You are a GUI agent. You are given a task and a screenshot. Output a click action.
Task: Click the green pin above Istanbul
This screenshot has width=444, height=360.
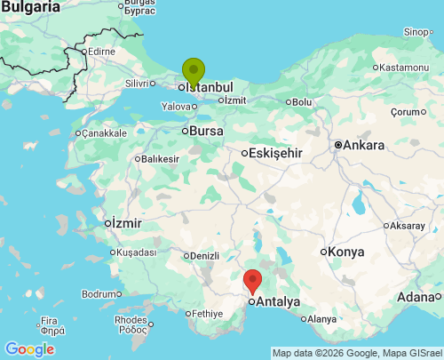click(194, 71)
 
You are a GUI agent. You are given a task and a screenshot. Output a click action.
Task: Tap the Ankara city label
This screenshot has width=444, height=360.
click(364, 145)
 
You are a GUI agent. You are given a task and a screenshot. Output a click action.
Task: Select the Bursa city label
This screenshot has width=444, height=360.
click(205, 131)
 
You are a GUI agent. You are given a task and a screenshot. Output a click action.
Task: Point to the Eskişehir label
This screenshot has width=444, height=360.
click(276, 153)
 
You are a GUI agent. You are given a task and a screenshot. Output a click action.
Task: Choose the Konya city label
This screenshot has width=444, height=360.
click(345, 252)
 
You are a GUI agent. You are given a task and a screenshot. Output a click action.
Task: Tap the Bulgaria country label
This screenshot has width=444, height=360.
click(30, 7)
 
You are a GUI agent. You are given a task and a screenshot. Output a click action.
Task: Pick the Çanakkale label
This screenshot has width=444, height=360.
click(105, 133)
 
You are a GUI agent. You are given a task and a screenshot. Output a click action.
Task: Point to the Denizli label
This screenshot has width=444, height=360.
click(204, 256)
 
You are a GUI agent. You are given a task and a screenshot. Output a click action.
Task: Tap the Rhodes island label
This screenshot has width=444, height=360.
click(131, 320)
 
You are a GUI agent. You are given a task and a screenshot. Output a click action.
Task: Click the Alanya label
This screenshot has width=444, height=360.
click(321, 319)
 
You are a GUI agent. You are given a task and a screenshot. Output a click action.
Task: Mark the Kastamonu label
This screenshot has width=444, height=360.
click(404, 68)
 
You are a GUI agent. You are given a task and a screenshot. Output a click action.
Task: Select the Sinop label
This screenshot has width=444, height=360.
click(416, 32)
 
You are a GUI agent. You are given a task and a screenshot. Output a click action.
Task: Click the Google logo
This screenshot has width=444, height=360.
click(29, 349)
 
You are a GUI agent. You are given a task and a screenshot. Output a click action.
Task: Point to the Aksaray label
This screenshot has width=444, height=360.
click(407, 226)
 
